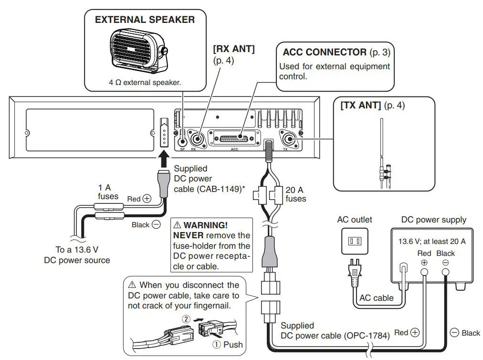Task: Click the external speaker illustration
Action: click(x=138, y=50)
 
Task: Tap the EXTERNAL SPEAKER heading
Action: click(x=145, y=20)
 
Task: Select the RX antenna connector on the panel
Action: click(x=197, y=140)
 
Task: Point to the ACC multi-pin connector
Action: click(x=234, y=138)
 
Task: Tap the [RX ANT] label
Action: click(x=233, y=50)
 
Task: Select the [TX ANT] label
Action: click(x=360, y=106)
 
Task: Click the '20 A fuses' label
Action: click(x=295, y=194)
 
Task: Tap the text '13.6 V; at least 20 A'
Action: click(x=432, y=241)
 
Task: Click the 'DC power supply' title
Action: click(x=433, y=220)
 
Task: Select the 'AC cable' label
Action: click(x=377, y=298)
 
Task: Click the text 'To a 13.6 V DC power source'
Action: click(x=77, y=255)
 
